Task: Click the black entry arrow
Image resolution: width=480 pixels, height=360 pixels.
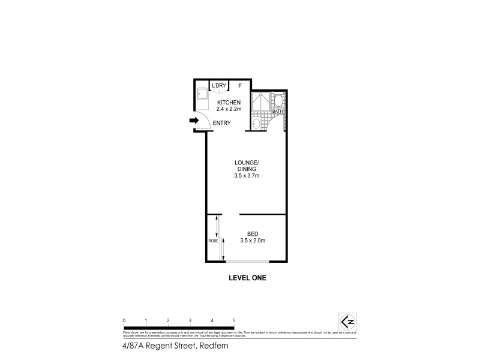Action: (193, 121)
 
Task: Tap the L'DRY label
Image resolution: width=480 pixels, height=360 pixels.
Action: (218, 86)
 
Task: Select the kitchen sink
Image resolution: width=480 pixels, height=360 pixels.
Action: (200, 94)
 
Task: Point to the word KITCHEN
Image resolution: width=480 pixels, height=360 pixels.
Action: (229, 103)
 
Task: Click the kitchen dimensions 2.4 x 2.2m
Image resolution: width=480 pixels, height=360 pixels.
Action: (229, 110)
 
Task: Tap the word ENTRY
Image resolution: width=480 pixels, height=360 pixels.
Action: (221, 123)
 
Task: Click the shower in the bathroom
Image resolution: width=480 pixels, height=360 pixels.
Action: (260, 103)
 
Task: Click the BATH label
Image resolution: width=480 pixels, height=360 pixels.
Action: (277, 111)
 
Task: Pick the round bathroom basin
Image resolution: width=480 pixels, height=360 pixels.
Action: (257, 124)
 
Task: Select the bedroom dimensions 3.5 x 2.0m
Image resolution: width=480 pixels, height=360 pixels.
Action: (253, 241)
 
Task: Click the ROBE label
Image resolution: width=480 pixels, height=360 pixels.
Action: (212, 241)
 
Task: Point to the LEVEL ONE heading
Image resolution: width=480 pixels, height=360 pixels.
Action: (247, 278)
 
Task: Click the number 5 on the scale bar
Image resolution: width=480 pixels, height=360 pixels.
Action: (234, 321)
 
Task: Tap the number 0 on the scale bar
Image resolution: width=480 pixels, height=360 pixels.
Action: (124, 321)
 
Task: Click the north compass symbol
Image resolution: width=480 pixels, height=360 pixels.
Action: (347, 321)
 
